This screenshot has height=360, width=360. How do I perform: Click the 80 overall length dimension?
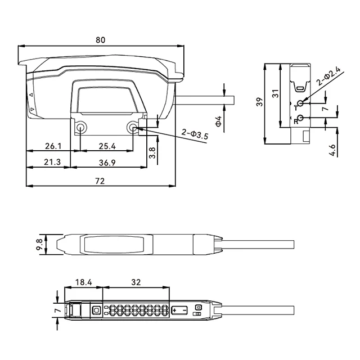pos(100,40)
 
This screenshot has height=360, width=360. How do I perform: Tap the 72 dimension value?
pos(100,181)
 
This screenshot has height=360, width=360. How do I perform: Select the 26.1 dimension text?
pos(53,146)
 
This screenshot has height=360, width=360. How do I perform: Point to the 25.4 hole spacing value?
pos(107,146)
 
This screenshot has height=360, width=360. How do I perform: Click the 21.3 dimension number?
pos(52,162)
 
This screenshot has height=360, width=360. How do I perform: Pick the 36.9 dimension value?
pos(107,163)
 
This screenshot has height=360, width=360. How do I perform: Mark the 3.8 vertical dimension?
pos(152,153)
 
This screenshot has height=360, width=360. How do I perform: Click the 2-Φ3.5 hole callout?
pos(195,134)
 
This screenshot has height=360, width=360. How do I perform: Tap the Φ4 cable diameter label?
pos(218,121)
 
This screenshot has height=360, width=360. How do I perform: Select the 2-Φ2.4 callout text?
pos(328,76)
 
